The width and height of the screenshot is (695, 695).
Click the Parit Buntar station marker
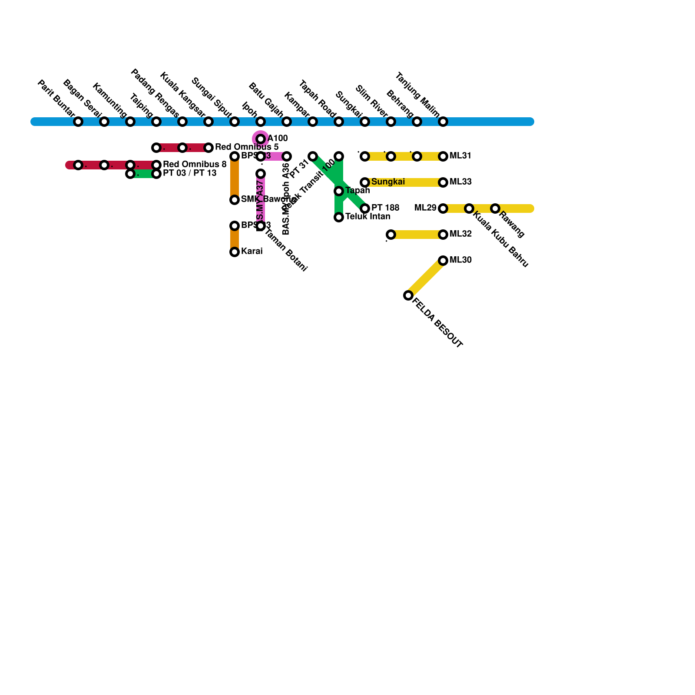78,122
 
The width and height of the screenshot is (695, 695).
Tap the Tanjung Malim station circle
443,122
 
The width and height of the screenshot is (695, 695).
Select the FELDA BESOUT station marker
408,295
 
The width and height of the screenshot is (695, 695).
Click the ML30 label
460,260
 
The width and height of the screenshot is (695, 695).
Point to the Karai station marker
235,252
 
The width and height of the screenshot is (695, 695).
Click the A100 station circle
261,139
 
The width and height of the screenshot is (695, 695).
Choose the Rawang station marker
495,208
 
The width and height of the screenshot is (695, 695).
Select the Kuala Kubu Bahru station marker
469,208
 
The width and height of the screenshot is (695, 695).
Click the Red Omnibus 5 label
246,147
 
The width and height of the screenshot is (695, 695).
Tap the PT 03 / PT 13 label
189,173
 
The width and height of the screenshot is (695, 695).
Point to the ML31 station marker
443,156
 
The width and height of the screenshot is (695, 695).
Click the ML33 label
460,182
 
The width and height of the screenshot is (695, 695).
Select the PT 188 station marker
365,208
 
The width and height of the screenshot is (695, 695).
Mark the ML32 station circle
443,235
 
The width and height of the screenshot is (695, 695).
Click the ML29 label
425,208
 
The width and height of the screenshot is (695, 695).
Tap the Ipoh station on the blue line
261,122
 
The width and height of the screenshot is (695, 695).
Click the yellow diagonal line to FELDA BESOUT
426,278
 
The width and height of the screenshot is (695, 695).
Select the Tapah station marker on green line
339,191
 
